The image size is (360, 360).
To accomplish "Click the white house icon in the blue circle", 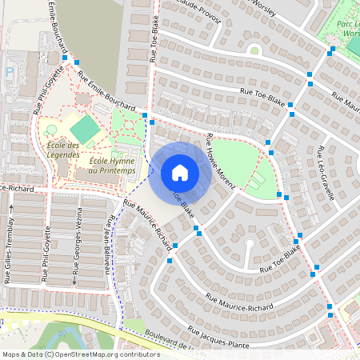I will tap(180, 172).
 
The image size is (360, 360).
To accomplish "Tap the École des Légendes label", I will tap(64, 150).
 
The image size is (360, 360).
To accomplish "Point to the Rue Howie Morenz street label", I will tap(220, 162).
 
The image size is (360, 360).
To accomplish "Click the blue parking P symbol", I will tap(10, 71).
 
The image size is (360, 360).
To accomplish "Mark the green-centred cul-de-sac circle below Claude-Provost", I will tap(254, 50).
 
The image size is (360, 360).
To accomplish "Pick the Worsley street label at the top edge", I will tap(261, 4).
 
